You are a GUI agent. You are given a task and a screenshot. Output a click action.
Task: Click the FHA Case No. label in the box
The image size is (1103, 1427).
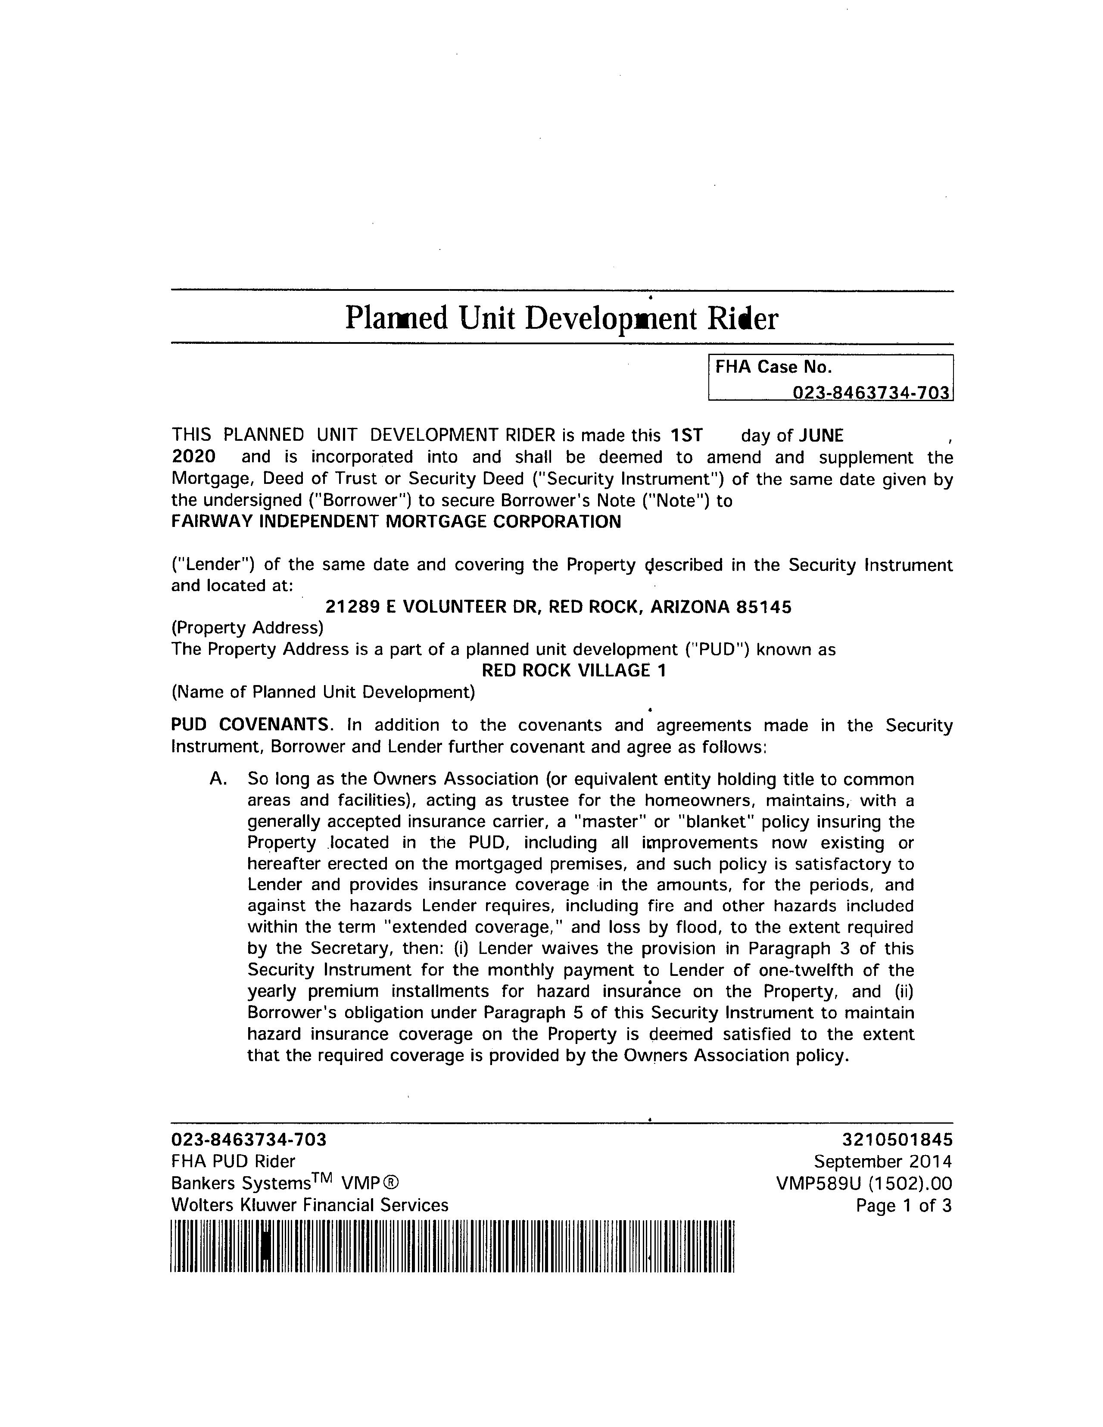[773, 367]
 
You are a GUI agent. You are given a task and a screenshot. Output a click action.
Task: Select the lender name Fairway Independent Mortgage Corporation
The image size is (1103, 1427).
[396, 521]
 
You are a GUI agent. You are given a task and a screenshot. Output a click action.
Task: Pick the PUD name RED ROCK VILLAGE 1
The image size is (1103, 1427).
[574, 670]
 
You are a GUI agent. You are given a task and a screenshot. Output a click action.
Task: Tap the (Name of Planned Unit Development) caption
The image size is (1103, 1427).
[323, 692]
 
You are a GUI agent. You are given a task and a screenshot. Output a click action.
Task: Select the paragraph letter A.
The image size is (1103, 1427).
[218, 779]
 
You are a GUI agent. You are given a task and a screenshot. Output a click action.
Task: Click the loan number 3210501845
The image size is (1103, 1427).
[897, 1140]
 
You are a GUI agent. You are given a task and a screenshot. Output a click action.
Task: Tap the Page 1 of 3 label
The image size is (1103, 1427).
[904, 1206]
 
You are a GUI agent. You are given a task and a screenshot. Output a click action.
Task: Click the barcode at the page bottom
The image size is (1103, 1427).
[452, 1246]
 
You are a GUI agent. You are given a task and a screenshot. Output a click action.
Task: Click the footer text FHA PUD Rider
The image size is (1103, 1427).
[233, 1161]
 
